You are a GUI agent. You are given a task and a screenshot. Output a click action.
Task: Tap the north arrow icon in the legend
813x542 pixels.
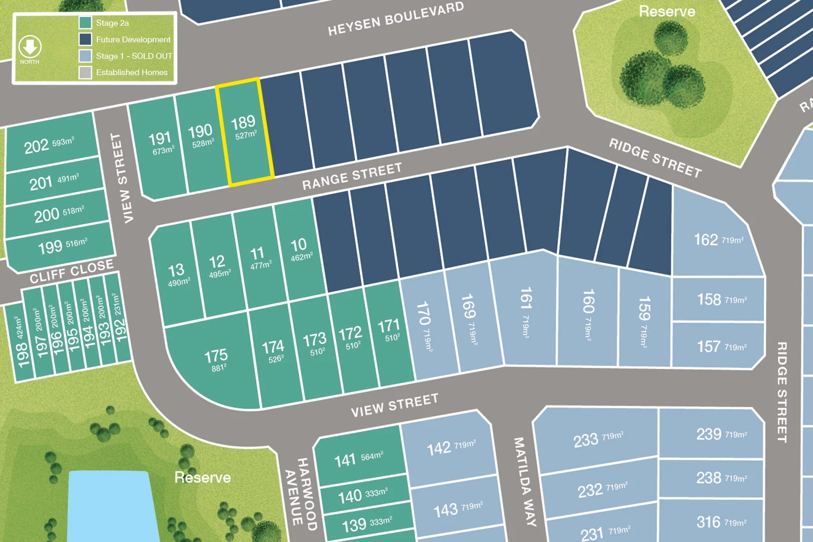click(30, 47)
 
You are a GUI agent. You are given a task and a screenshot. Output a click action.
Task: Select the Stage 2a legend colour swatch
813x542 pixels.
click(85, 23)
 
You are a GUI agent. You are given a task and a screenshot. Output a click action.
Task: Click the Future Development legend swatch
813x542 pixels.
click(85, 39)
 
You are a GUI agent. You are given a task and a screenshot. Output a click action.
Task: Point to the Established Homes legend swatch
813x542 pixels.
click(85, 72)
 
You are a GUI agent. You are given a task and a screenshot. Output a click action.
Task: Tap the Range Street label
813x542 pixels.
click(352, 176)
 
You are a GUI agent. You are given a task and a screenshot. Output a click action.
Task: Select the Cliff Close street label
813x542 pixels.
click(72, 272)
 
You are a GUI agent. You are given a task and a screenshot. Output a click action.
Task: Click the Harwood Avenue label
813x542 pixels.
click(301, 494)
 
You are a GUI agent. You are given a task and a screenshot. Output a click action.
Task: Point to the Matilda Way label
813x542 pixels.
click(525, 482)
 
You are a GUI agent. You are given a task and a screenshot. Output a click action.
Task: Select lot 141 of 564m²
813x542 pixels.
click(358, 459)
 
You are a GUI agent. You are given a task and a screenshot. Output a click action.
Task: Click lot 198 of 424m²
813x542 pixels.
click(21, 341)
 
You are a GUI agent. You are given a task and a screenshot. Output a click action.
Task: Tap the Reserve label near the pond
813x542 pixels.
click(202, 477)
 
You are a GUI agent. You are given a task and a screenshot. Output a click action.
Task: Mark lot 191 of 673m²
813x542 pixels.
click(161, 143)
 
